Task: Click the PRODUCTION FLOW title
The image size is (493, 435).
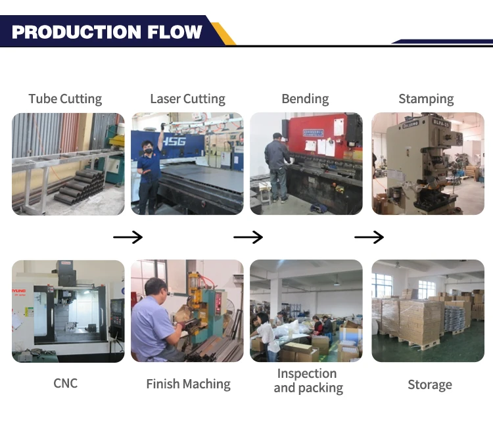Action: pos(107,32)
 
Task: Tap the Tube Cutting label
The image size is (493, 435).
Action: pos(65,99)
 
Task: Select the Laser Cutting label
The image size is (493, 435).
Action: pos(187,99)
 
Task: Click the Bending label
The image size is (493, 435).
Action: pos(305,99)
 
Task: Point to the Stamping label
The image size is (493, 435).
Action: pos(426,99)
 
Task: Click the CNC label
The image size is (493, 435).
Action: pos(65,383)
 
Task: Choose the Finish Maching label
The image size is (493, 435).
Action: pos(188,384)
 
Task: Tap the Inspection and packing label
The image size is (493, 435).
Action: pos(308,381)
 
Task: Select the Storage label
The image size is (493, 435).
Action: pos(429,385)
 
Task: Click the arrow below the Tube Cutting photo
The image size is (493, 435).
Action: pos(128,237)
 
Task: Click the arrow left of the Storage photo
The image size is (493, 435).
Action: pos(369,237)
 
